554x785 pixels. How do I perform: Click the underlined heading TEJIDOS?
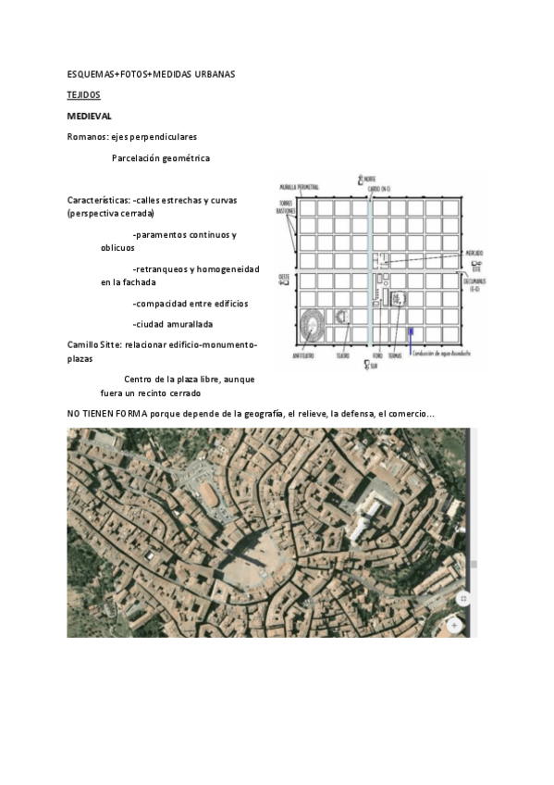[84, 94]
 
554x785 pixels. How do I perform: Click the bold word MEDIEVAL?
[90, 116]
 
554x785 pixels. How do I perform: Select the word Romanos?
[86, 137]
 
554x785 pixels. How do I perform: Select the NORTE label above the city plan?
[368, 180]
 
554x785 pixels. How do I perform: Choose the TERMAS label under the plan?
[395, 355]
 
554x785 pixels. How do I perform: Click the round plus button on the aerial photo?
[454, 625]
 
